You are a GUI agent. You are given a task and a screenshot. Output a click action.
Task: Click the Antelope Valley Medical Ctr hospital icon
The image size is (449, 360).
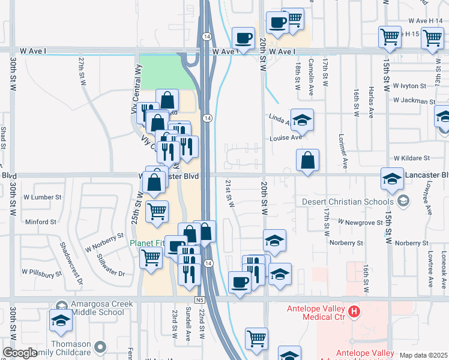click(x=354, y=311)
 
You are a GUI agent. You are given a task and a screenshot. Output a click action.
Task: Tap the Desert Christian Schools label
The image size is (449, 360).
click(x=348, y=202)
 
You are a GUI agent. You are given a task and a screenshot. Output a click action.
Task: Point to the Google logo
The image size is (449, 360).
click(x=19, y=353)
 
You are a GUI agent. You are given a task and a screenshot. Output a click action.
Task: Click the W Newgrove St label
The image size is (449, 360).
click(x=360, y=222)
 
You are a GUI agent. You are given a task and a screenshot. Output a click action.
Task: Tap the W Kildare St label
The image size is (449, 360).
click(x=412, y=158)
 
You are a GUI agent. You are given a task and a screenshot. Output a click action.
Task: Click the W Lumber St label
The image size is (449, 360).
click(x=43, y=197)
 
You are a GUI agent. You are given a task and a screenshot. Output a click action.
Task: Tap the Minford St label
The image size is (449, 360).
click(x=41, y=222)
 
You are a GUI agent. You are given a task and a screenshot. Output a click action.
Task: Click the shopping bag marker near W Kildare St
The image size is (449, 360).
click(x=307, y=160)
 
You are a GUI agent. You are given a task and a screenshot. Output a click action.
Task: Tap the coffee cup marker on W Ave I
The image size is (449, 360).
click(x=243, y=38)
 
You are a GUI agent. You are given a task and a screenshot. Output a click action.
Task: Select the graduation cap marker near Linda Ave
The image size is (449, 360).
click(x=302, y=119)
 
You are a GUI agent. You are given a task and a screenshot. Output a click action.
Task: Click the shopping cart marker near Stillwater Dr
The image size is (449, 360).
click(x=151, y=258)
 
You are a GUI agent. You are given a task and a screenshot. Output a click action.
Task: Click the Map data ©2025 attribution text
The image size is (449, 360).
click(x=424, y=355)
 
